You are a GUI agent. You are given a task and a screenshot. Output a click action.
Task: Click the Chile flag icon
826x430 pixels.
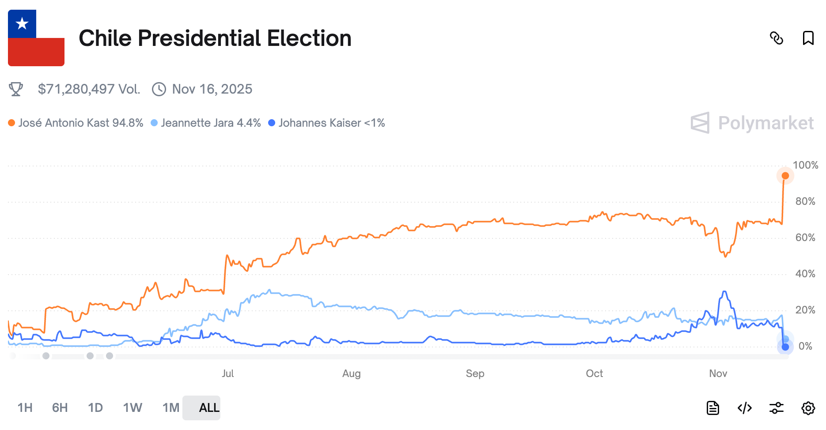tap(36, 38)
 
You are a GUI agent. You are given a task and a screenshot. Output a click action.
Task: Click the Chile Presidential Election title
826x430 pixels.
tap(215, 38)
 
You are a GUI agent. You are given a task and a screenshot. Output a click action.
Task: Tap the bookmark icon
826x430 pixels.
tap(808, 38)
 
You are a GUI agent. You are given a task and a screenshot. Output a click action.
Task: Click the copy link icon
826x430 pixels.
tap(776, 38)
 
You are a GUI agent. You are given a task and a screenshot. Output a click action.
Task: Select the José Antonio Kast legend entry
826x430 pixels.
tap(76, 123)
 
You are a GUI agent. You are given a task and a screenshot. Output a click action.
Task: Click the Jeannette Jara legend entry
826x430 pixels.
tap(206, 123)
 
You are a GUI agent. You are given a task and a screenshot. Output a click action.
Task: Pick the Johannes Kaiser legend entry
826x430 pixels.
tap(327, 123)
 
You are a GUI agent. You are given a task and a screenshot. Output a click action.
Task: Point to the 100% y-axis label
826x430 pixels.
tap(805, 165)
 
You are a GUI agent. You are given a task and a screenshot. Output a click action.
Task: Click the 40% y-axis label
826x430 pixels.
tap(805, 274)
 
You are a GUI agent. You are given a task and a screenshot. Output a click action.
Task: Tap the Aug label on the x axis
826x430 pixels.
tap(351, 373)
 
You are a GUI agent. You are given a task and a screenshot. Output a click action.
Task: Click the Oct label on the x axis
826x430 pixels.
tap(594, 373)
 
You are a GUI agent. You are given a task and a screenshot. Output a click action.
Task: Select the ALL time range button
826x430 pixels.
tap(209, 407)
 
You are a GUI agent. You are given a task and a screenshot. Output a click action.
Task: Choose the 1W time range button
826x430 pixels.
tap(133, 407)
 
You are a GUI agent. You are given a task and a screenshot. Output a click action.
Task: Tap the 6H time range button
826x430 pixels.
tap(60, 407)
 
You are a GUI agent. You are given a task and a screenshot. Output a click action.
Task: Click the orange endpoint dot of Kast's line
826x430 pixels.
tap(785, 176)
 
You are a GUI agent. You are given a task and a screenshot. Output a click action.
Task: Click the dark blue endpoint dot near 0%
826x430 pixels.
tap(785, 347)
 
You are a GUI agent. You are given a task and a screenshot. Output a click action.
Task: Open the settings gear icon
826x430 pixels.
tap(808, 408)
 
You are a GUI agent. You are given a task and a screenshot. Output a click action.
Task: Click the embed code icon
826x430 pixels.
tap(745, 408)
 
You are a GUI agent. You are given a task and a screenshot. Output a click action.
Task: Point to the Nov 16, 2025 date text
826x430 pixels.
tap(212, 89)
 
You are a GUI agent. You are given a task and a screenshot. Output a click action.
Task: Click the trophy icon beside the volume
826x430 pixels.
tap(16, 89)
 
